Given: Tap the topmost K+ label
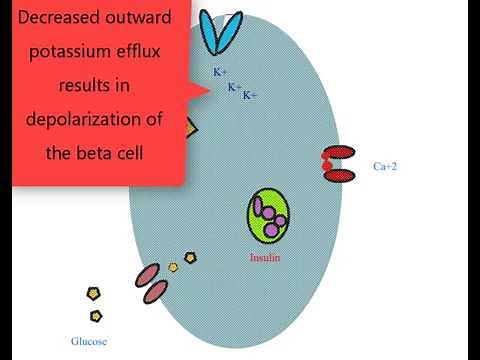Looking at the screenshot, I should click(x=219, y=73).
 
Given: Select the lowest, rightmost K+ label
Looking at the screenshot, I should click(x=250, y=95).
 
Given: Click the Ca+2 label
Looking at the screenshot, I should click(x=385, y=166).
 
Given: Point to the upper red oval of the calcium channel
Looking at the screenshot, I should click(x=339, y=153).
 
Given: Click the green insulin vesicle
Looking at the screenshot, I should click(x=269, y=216).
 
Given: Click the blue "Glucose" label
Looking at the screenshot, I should click(x=88, y=341).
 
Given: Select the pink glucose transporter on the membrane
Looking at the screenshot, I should click(x=152, y=282).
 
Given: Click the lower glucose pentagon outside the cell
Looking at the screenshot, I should click(x=96, y=316).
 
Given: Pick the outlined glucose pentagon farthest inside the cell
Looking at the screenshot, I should click(x=190, y=258).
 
